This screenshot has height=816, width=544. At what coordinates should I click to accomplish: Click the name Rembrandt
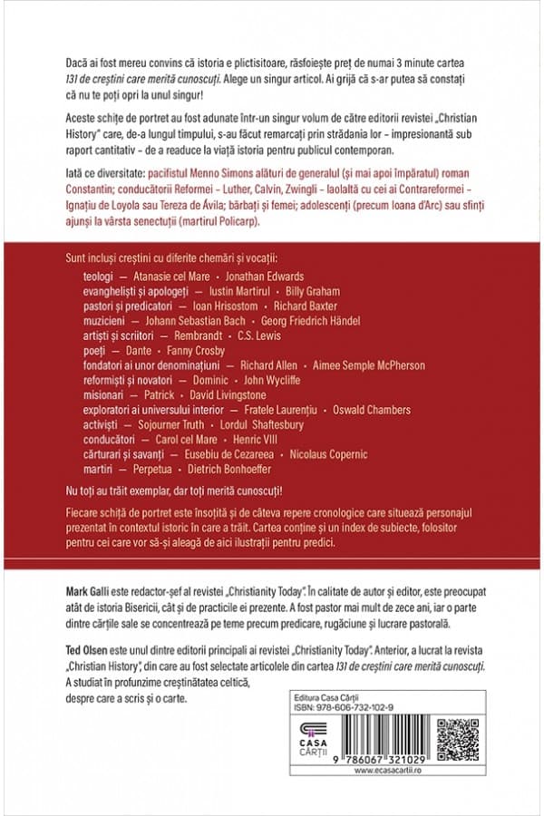[200, 335]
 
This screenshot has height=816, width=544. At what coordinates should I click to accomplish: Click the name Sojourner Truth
[167, 424]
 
